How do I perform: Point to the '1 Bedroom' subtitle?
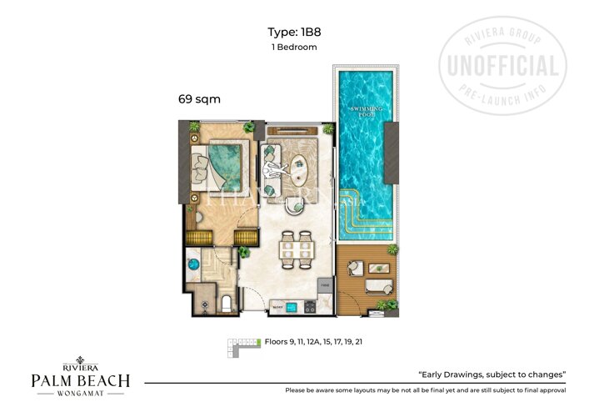click(x=294, y=48)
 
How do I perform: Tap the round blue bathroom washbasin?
click(x=194, y=264)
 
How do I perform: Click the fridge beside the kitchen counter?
click(x=326, y=292)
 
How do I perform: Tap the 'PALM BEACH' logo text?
click(x=80, y=381)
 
